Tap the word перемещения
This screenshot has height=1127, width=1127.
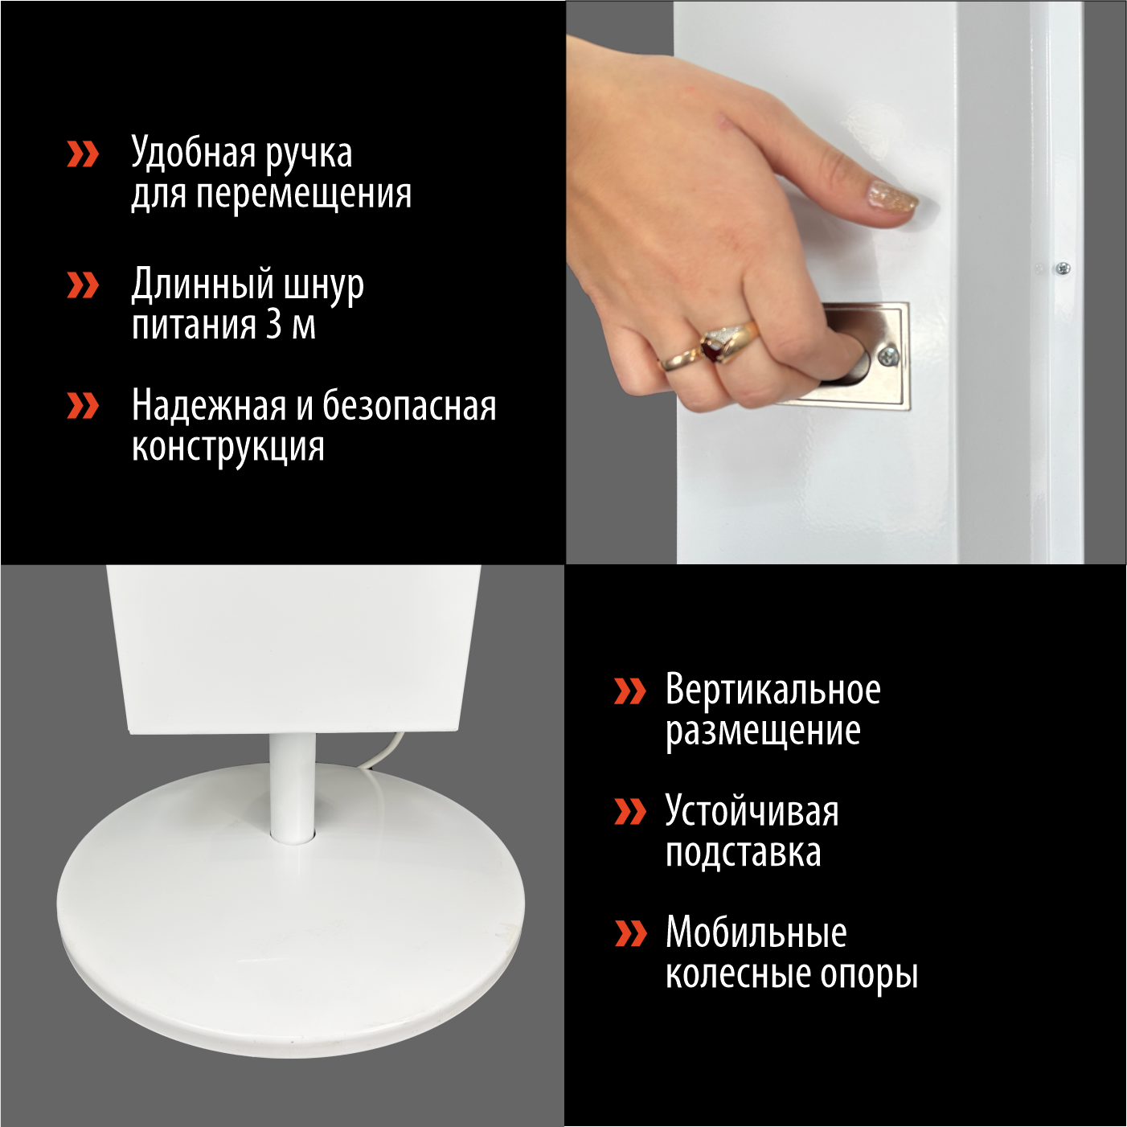[x=304, y=195]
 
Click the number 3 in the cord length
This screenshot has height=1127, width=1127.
[x=273, y=325]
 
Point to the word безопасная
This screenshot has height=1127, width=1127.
[x=409, y=404]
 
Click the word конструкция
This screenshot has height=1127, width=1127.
[x=227, y=448]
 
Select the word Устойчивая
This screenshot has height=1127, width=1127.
[x=752, y=811]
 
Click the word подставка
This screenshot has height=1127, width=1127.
[x=743, y=852]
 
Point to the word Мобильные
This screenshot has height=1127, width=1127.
[x=756, y=932]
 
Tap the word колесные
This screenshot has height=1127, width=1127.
[x=739, y=975]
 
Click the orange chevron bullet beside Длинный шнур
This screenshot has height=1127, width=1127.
[x=83, y=285]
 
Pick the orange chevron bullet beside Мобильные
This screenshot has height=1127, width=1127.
[x=630, y=932]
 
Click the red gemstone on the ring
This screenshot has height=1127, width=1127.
[x=712, y=350]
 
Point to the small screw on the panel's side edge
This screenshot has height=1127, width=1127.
[x=1063, y=268]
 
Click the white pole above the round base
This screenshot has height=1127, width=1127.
[x=292, y=788]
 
